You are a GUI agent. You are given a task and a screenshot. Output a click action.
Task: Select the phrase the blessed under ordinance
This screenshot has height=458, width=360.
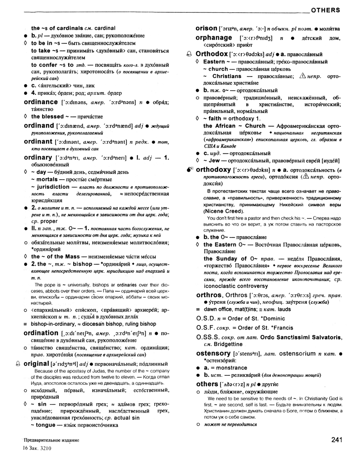[47, 117]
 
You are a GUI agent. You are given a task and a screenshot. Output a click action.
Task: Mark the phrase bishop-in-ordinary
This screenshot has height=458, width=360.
[52, 324]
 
